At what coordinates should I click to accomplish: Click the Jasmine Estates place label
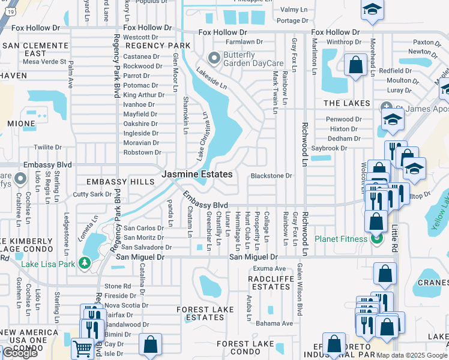pyautogui.click(x=196, y=174)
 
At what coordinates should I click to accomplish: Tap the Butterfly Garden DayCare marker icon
pyautogui.click(x=213, y=58)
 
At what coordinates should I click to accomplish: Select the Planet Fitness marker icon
pyautogui.click(x=376, y=239)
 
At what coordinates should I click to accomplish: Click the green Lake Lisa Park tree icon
pyautogui.click(x=85, y=263)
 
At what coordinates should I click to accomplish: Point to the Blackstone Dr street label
pyautogui.click(x=271, y=176)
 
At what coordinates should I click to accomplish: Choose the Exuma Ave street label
pyautogui.click(x=269, y=268)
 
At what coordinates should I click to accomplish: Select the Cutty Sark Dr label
pyautogui.click(x=92, y=194)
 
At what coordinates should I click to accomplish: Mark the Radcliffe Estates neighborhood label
pyautogui.click(x=271, y=282)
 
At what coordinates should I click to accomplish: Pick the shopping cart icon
pyautogui.click(x=82, y=347)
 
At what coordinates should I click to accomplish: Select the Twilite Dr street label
pyautogui.click(x=47, y=147)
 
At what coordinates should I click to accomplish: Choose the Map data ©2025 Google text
pyautogui.click(x=411, y=355)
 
